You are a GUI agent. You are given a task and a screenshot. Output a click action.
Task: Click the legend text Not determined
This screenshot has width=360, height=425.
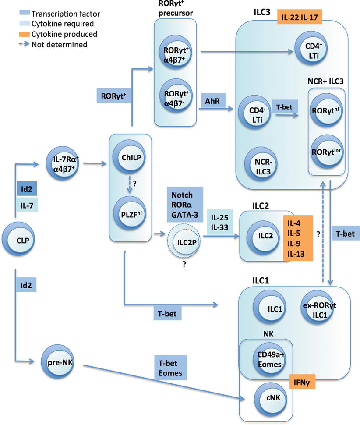pos(60,44)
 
